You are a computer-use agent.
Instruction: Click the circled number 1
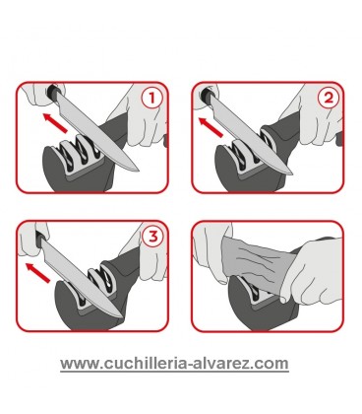point(152,100)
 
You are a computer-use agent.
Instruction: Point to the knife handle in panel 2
point(208,97)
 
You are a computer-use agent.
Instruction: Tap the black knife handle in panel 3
point(39,237)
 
